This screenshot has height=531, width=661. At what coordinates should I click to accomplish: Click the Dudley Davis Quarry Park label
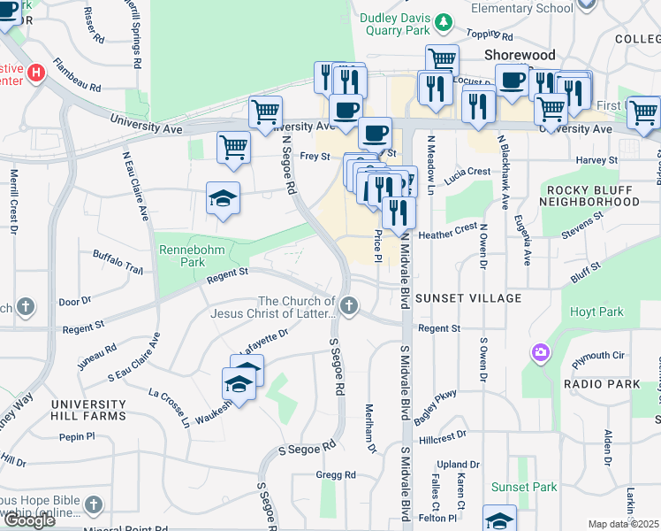pyautogui.click(x=394, y=24)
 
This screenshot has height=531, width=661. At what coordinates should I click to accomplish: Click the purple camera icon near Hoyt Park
pyautogui.click(x=539, y=354)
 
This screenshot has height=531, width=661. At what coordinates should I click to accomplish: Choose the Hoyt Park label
pyautogui.click(x=597, y=312)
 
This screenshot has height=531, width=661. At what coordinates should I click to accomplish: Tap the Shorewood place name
pyautogui.click(x=520, y=55)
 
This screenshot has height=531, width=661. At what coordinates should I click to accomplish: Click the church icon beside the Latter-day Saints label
pyautogui.click(x=350, y=307)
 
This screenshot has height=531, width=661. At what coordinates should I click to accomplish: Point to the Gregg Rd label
pyautogui.click(x=336, y=475)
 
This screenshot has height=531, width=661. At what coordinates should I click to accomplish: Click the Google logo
pyautogui.click(x=29, y=520)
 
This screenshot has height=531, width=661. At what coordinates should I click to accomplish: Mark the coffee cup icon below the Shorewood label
pyautogui.click(x=512, y=80)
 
